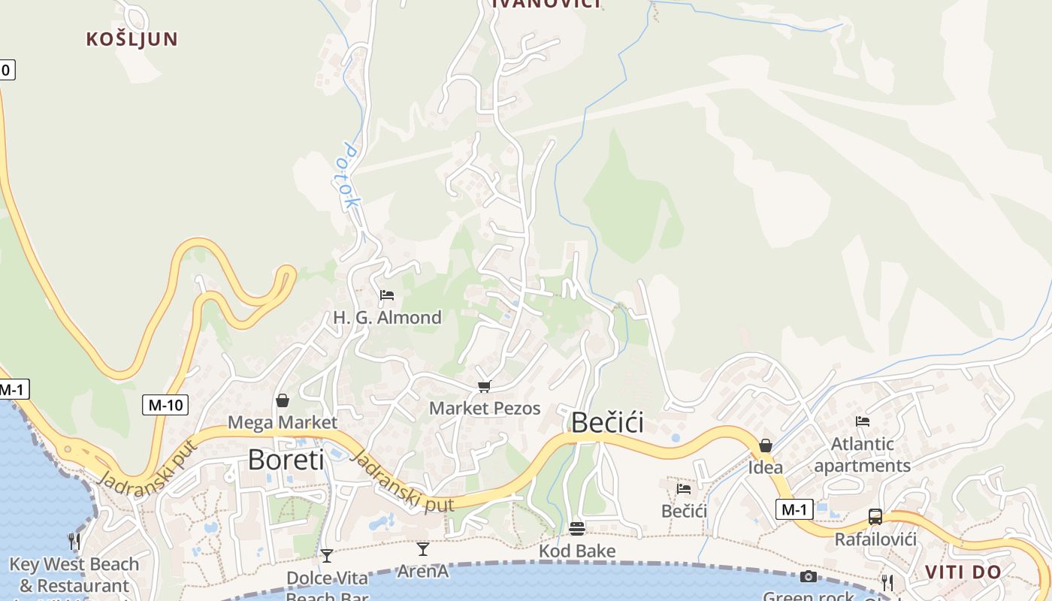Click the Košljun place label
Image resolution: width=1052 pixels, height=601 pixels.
131,39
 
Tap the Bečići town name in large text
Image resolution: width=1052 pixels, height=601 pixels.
607,422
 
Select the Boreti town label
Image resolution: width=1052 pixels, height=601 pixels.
286,459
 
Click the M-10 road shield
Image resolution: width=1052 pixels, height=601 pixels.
165,405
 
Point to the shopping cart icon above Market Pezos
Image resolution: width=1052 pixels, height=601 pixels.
484,387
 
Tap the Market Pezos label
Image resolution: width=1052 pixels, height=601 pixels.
485,408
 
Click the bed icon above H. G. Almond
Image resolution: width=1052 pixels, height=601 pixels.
387,295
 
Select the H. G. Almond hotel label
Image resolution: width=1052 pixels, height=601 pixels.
387,317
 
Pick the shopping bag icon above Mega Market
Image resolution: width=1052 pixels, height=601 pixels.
283,400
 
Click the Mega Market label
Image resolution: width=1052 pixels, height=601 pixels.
283,422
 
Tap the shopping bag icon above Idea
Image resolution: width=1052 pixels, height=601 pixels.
765,445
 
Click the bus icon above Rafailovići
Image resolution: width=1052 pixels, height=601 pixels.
875,517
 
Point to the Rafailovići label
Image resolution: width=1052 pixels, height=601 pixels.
875,539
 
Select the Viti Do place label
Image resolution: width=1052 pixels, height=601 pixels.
963,572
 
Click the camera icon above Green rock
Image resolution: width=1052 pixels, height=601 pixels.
809,576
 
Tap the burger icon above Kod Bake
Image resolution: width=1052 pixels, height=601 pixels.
577,529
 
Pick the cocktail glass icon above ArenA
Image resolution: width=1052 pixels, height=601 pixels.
423,549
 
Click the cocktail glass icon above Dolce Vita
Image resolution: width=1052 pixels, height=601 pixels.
327,556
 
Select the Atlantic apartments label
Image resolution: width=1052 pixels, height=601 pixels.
862,455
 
